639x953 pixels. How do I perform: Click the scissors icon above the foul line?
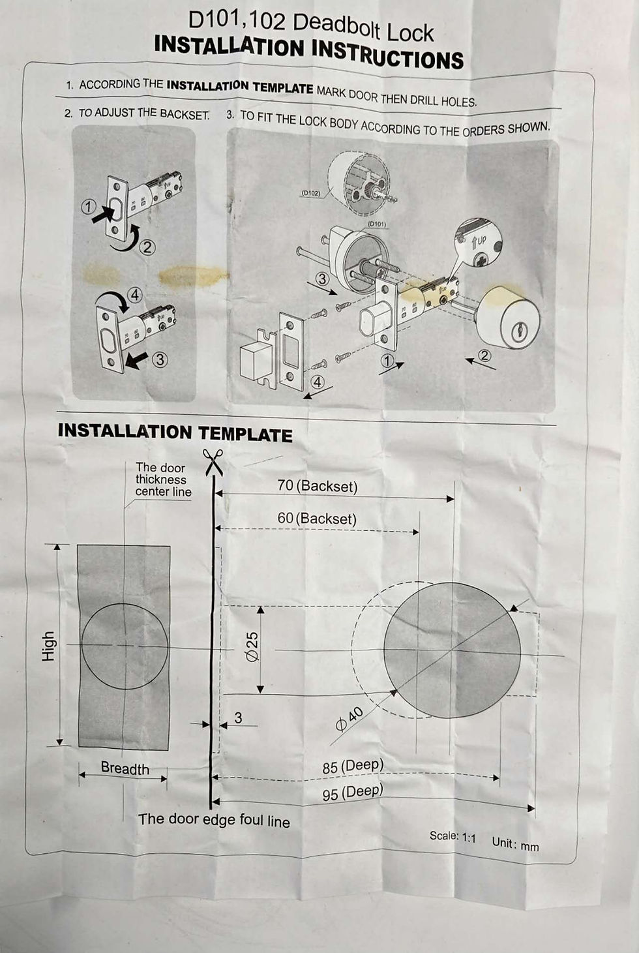[213, 462]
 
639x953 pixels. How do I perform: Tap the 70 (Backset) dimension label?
[317, 486]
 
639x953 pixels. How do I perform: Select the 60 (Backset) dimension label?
[317, 518]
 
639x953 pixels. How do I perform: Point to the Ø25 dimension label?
[252, 646]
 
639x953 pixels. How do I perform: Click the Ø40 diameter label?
[349, 719]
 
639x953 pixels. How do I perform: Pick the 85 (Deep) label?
[353, 766]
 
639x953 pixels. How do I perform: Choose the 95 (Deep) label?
[353, 792]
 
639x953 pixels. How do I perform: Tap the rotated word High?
[48, 646]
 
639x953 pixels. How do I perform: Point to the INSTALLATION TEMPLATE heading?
[175, 432]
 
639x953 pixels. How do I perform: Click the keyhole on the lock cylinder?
[520, 331]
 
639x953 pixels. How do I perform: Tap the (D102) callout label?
[311, 192]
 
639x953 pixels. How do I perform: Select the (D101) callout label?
[377, 224]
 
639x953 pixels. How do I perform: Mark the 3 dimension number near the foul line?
[238, 718]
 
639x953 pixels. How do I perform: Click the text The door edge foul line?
[215, 820]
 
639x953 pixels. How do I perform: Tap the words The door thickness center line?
[163, 479]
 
